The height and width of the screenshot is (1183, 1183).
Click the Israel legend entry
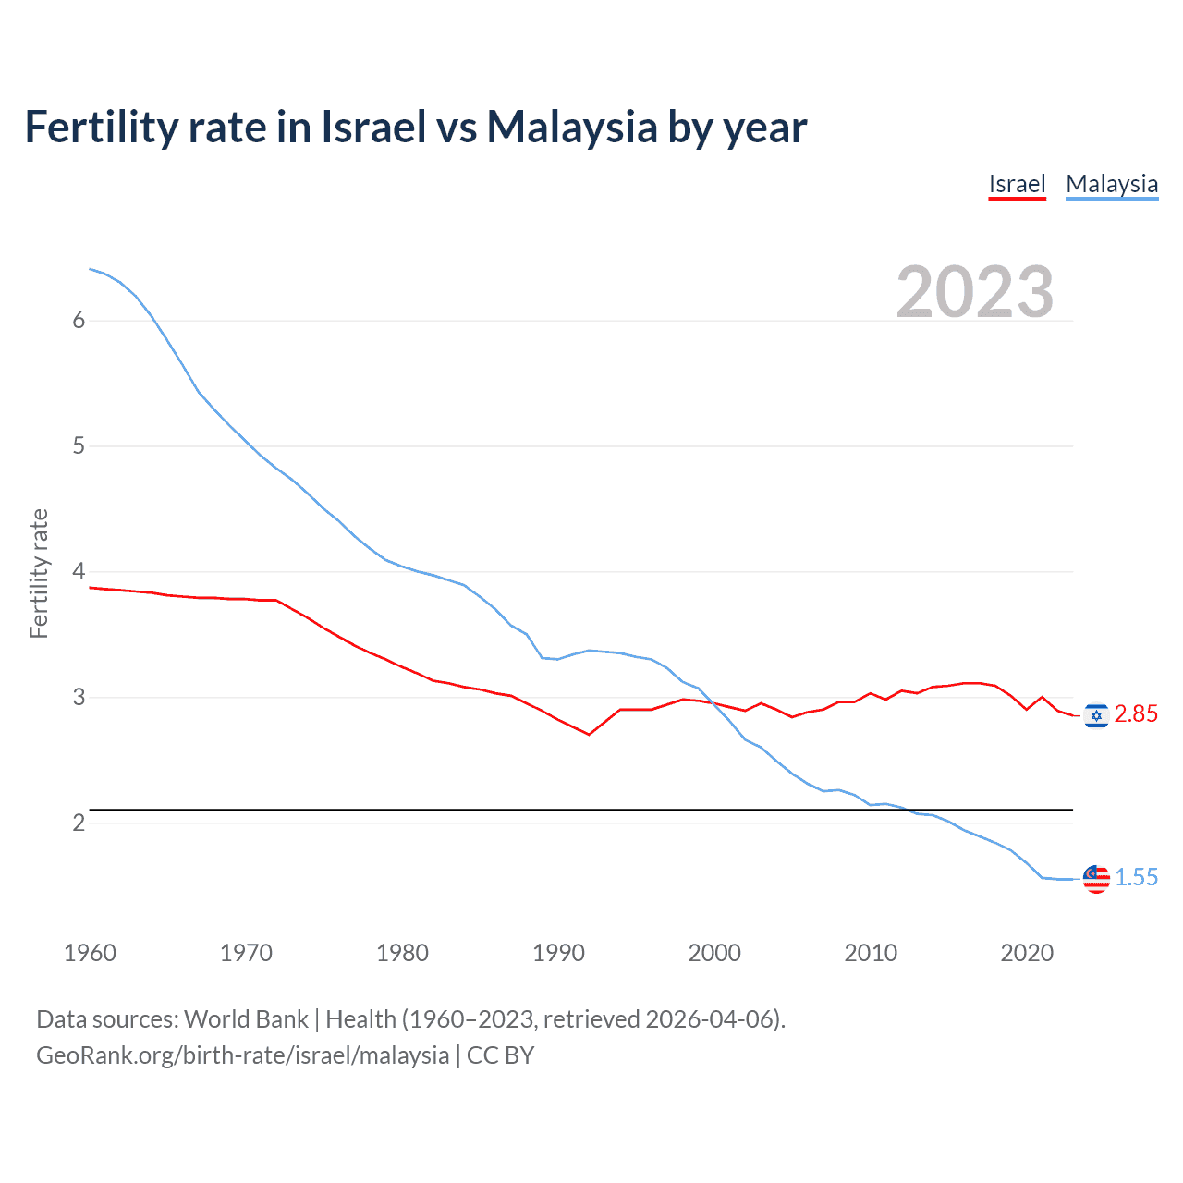(1017, 184)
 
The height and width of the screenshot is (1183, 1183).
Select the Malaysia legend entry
(1111, 184)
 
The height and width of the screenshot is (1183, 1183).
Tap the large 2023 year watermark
(974, 292)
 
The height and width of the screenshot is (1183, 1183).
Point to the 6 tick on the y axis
(79, 320)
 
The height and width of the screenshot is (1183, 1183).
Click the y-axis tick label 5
(79, 445)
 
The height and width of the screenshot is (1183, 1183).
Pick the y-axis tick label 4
(79, 571)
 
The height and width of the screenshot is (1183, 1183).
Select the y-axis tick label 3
(79, 697)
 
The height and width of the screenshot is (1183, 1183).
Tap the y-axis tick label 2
(79, 823)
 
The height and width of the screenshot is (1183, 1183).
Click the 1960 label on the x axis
(90, 953)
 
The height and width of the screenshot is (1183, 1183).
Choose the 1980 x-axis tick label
(402, 953)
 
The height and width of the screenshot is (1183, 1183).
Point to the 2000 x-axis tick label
(714, 953)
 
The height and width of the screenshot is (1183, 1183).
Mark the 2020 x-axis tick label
(1027, 953)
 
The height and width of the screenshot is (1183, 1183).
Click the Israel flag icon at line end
(1096, 715)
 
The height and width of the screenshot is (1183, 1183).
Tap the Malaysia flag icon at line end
(1096, 879)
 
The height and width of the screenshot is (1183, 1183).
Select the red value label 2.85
(1136, 714)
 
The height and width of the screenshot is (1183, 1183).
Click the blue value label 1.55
(1136, 878)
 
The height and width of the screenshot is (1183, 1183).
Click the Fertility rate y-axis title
(39, 573)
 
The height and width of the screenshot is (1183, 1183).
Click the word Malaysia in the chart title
(571, 127)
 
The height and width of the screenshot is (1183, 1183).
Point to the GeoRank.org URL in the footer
(242, 1055)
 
